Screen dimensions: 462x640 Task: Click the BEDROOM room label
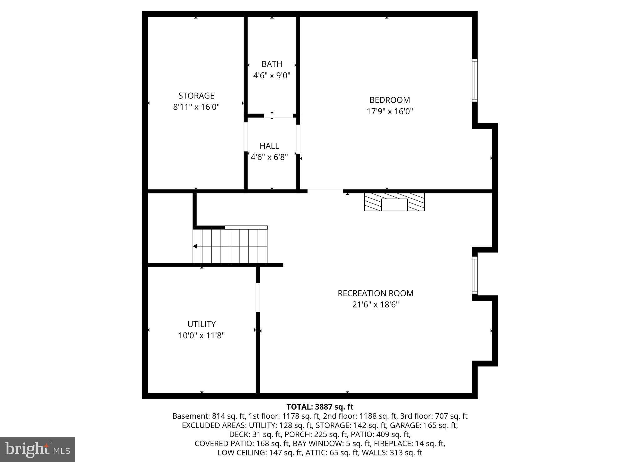(389, 100)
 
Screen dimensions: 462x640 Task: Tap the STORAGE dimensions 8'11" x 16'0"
(196, 107)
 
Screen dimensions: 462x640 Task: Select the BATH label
(272, 64)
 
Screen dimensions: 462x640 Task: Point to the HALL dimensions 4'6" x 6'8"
(269, 157)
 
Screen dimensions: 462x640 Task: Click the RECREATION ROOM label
(375, 293)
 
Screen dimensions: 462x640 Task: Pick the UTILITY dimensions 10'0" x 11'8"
(202, 336)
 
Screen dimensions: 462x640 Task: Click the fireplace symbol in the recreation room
(394, 202)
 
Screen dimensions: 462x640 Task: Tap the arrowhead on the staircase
(195, 246)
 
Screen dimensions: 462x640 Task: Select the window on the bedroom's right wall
(475, 80)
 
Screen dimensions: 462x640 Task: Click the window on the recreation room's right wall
(475, 275)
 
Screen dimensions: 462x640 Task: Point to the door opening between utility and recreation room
(258, 297)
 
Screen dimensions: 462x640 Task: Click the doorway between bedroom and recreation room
(325, 190)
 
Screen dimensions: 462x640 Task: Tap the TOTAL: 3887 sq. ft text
(320, 407)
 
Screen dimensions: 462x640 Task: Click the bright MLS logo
(37, 450)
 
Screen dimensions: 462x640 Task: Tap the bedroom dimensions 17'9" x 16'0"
(390, 111)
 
